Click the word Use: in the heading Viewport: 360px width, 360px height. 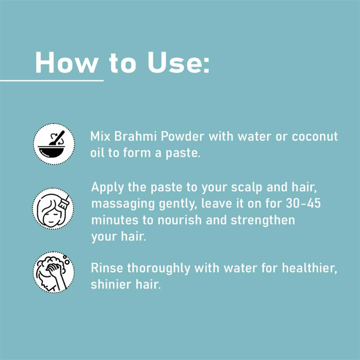(x=178, y=63)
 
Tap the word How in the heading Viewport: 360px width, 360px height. (x=66, y=63)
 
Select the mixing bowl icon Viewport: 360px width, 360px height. (x=54, y=144)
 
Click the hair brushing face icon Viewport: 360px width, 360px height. (x=53, y=208)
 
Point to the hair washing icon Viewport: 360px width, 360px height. (x=54, y=272)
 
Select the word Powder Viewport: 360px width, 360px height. (x=182, y=137)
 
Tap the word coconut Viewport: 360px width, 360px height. (x=315, y=137)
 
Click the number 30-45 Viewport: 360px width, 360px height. (x=303, y=203)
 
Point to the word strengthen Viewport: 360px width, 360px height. (x=263, y=220)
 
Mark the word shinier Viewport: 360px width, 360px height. (x=111, y=284)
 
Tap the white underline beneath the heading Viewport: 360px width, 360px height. (x=52, y=81)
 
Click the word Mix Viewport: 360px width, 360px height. (x=100, y=136)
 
